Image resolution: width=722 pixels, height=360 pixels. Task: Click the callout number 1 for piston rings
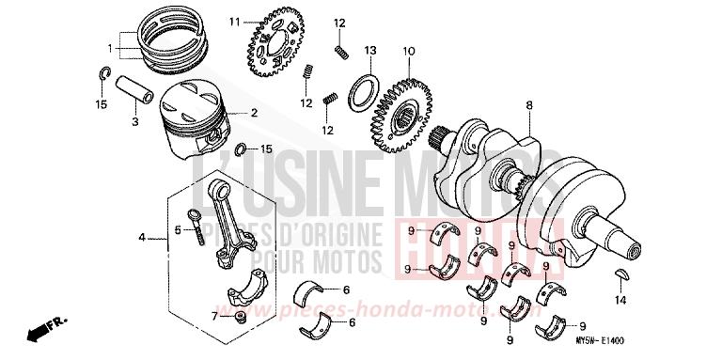coord(110,47)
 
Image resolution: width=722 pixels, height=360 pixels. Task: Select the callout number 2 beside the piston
coord(253,113)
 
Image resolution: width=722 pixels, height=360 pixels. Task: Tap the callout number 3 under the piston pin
coord(134,122)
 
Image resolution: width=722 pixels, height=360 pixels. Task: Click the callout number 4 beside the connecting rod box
coord(142,238)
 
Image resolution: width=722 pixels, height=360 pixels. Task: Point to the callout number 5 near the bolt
coord(176,230)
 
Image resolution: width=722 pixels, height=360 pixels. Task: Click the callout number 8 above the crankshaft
coord(529,104)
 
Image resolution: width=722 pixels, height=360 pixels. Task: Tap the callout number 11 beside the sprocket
coord(233,20)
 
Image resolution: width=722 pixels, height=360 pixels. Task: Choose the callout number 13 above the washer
coord(370,50)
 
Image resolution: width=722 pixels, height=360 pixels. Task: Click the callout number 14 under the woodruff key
coord(619,301)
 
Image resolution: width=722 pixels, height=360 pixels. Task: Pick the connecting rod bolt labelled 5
coord(197,226)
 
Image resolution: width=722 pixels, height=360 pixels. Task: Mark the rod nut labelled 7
coord(241,314)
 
